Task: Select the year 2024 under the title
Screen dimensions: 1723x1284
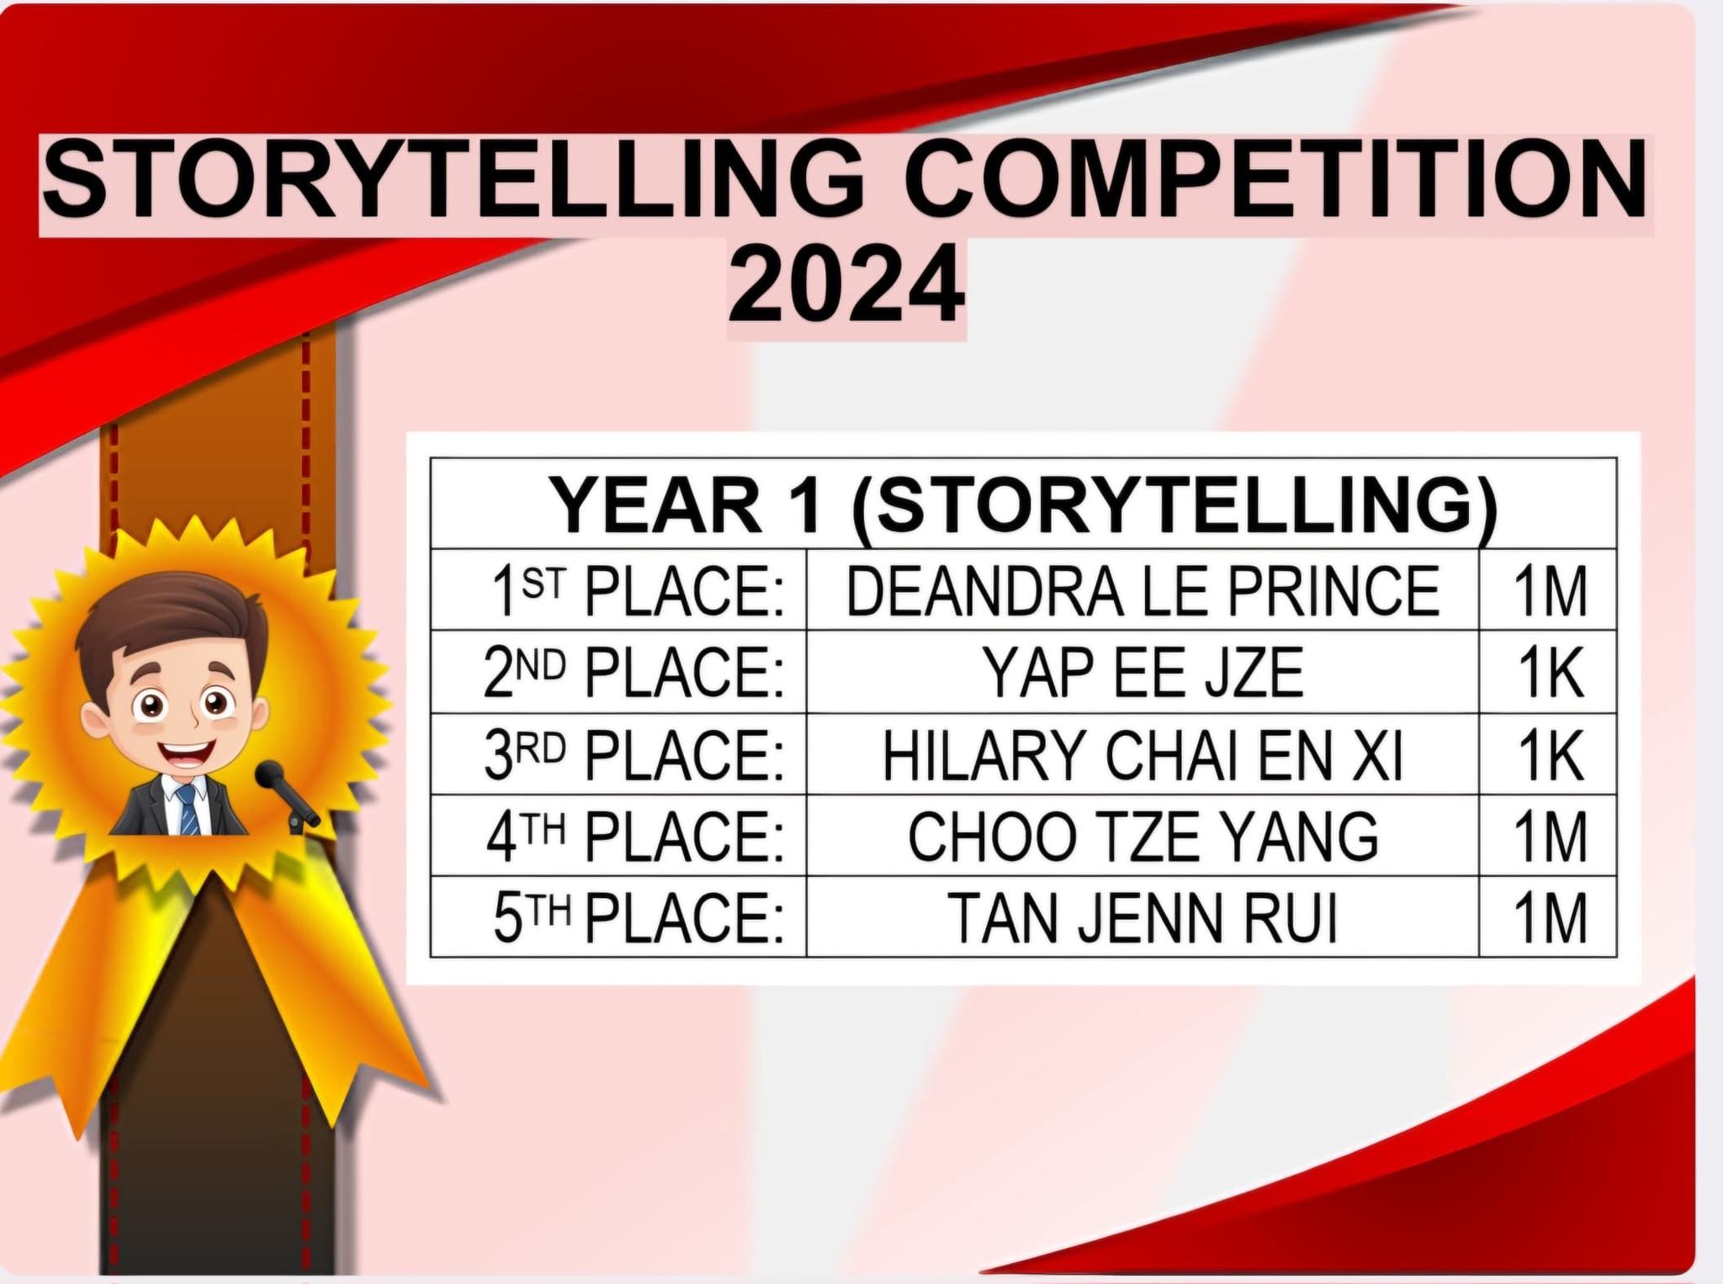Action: (x=846, y=283)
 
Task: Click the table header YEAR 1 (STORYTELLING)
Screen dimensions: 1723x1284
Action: (x=1023, y=505)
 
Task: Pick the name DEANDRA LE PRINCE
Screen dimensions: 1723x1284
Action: (x=1142, y=591)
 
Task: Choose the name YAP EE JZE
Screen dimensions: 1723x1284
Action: (x=1143, y=673)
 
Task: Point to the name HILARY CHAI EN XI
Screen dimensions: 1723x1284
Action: (x=1142, y=754)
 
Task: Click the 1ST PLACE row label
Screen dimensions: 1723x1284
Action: (x=638, y=591)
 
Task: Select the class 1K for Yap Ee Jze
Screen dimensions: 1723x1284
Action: (x=1550, y=673)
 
